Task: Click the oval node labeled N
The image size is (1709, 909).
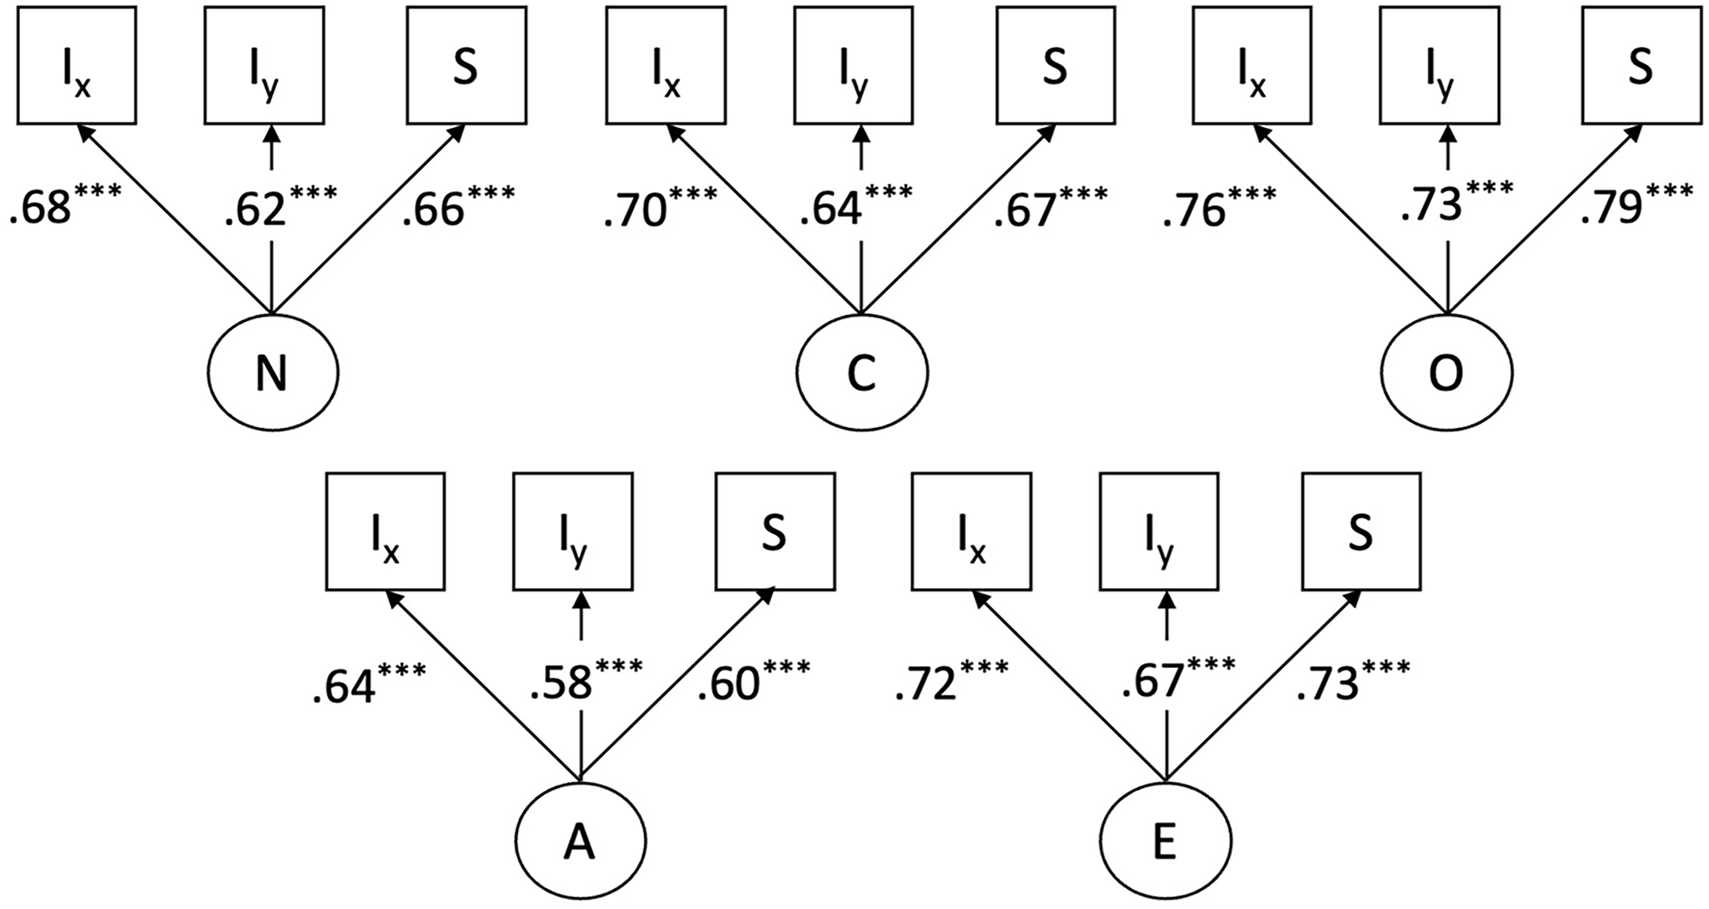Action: click(x=273, y=373)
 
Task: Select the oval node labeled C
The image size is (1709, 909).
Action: click(x=861, y=373)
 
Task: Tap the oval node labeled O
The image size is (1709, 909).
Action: click(x=1446, y=373)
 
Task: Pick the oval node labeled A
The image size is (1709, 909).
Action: click(x=580, y=841)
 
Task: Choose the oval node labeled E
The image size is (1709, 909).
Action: click(x=1165, y=841)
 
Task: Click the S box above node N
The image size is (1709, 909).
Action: click(x=466, y=65)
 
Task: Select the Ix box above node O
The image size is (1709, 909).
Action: click(x=1252, y=65)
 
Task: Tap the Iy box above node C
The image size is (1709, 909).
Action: click(x=854, y=65)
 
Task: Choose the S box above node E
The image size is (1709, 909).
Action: click(x=1361, y=531)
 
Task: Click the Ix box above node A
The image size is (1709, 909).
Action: click(x=385, y=531)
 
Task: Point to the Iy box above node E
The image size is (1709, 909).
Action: click(x=1159, y=531)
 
